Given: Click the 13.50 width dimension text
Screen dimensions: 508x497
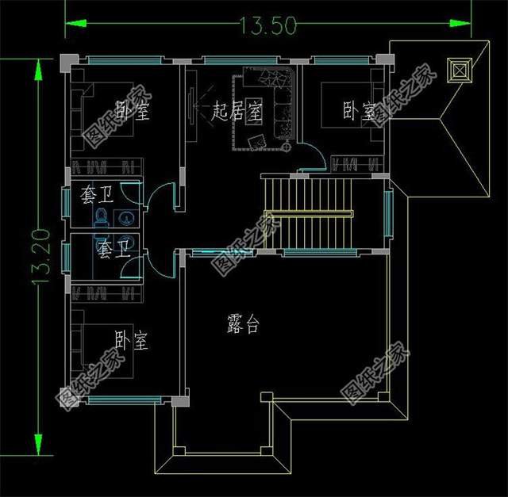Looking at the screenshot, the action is (x=268, y=25).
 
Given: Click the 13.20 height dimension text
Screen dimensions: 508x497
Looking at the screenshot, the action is (x=41, y=257).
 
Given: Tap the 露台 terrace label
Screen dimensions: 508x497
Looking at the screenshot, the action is (x=244, y=323).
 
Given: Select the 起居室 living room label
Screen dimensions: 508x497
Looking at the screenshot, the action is (x=237, y=110).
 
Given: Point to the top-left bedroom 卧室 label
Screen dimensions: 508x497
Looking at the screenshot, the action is (x=133, y=110).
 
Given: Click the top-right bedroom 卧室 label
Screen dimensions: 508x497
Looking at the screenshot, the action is (x=360, y=111).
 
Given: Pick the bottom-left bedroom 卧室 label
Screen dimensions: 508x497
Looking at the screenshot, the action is (x=132, y=340).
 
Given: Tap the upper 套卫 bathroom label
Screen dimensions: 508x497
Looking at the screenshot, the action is (x=97, y=195).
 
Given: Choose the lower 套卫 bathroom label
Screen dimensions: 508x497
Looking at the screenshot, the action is (x=114, y=250).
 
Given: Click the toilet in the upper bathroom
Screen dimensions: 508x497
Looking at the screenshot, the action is (x=101, y=217).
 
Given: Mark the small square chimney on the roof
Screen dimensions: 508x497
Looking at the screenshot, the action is (x=460, y=71).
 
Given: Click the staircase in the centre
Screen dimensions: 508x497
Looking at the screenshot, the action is (x=308, y=213).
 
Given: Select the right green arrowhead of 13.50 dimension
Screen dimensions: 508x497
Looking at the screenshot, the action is (x=460, y=23).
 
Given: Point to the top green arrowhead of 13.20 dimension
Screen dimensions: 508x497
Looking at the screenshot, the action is (x=38, y=70).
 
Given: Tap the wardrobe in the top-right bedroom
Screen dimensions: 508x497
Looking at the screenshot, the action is (x=356, y=164).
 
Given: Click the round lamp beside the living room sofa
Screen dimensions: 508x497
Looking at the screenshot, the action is (x=286, y=147).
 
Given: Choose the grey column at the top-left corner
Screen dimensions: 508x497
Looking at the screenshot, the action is (x=69, y=63).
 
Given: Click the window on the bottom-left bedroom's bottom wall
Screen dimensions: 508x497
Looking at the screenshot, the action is (x=125, y=400).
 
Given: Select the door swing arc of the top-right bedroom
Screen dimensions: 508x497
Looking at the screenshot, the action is (x=313, y=156).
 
